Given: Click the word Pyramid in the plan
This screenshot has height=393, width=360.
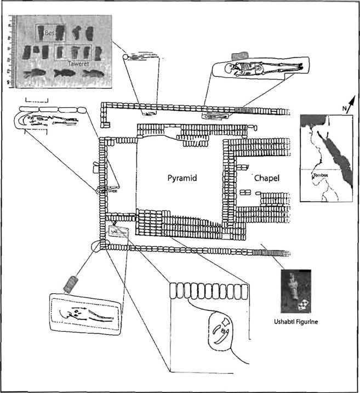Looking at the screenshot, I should click(x=181, y=179).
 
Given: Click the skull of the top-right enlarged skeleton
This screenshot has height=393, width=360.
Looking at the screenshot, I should click(x=237, y=69).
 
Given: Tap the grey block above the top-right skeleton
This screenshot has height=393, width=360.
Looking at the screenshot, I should click(x=239, y=56).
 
